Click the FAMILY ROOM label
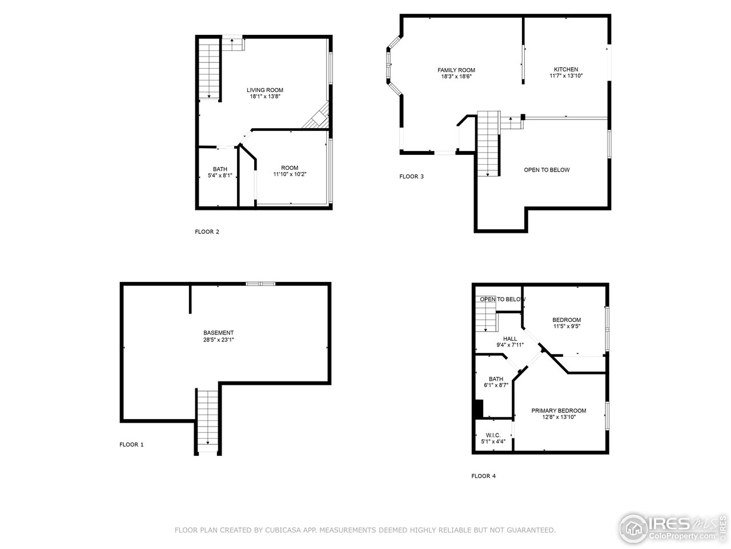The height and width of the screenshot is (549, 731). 456,70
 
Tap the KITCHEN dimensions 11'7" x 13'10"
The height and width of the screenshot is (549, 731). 565,76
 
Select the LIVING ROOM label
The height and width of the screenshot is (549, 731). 265,90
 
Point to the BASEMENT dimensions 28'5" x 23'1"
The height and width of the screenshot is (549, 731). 219,340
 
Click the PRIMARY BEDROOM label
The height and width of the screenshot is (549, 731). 559,411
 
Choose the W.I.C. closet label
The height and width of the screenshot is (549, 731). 493,435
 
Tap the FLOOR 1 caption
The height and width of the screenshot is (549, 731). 132,444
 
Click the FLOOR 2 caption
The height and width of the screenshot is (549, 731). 207,232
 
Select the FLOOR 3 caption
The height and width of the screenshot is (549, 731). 411,176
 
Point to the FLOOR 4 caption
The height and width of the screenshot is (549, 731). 483,476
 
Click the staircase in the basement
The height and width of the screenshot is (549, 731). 207,420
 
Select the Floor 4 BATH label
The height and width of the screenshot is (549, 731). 496,379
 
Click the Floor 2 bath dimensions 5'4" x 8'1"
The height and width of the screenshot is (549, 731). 220,176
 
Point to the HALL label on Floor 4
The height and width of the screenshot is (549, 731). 510,339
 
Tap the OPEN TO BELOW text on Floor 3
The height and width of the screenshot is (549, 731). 547,170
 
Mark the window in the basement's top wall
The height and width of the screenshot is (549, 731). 260,283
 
